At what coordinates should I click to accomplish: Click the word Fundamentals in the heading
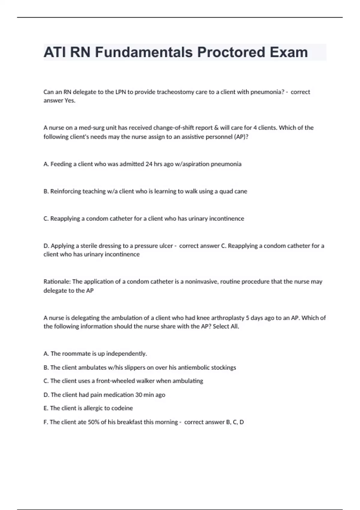(x=144, y=52)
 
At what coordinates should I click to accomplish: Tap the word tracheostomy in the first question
(x=175, y=92)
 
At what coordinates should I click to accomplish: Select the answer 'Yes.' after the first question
(x=70, y=100)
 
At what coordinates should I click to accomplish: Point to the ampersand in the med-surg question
(x=216, y=128)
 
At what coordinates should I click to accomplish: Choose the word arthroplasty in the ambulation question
(x=228, y=318)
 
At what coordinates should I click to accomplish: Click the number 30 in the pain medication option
(x=139, y=395)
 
